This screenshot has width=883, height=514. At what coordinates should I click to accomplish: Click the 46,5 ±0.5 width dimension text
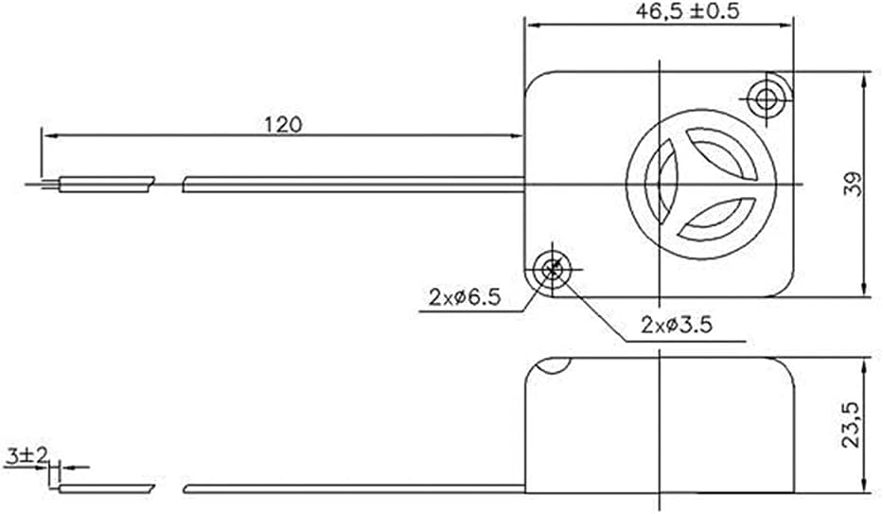point(687,11)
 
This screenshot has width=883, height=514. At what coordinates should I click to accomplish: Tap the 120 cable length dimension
point(283,124)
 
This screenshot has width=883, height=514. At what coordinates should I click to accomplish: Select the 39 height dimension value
point(853,184)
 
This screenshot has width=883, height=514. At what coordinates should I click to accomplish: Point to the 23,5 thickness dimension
point(852,425)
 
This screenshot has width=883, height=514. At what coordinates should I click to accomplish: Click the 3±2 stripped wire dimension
point(26,455)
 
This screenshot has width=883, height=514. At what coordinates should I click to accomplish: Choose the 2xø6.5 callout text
point(465,297)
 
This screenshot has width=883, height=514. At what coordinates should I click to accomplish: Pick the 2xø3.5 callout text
point(677,325)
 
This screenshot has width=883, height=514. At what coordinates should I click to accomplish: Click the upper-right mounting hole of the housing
point(766,99)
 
